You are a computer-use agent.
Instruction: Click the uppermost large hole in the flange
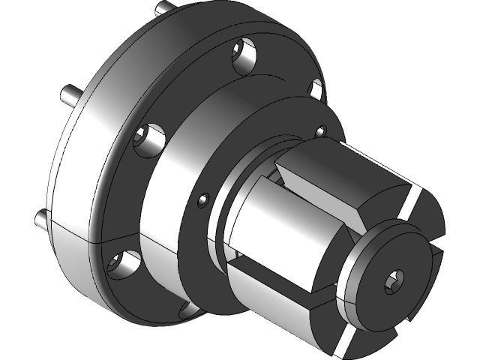pos(244,57)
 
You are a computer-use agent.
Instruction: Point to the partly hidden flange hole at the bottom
pos(184,308)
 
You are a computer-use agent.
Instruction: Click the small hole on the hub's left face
pos(202,200)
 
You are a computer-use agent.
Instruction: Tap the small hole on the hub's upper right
pos(321,133)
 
